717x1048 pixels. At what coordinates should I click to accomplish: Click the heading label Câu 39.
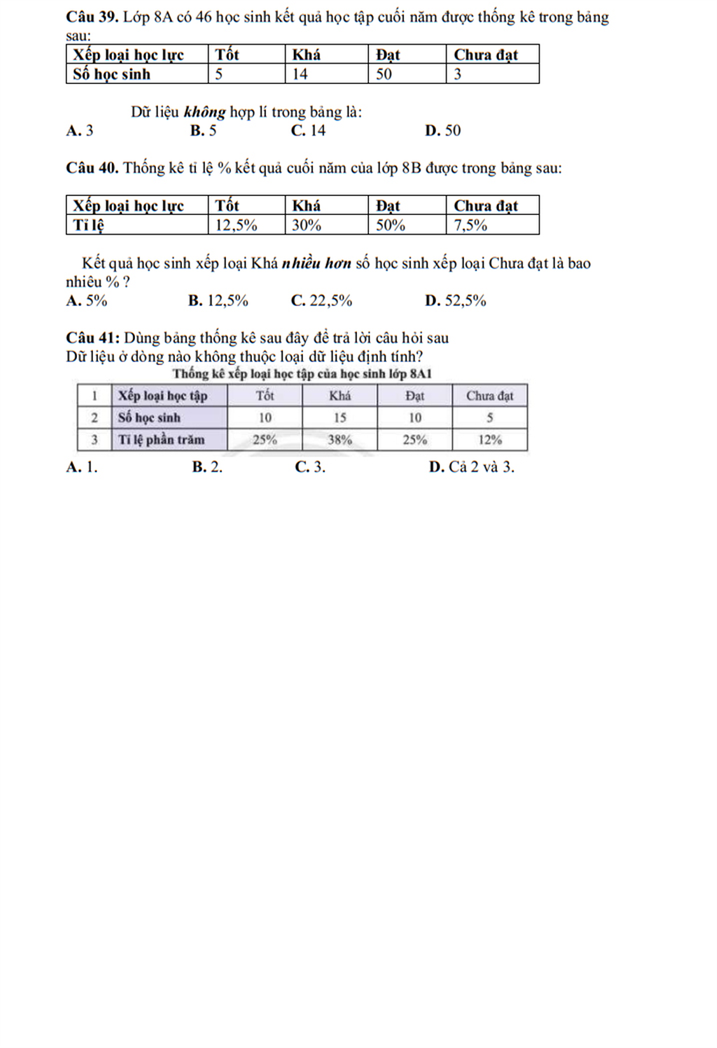[92, 18]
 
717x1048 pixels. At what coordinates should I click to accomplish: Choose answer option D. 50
[443, 130]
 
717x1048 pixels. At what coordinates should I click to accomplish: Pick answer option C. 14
[308, 130]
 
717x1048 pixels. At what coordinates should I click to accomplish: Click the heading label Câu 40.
[92, 168]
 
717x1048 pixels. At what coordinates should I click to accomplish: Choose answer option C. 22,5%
[321, 301]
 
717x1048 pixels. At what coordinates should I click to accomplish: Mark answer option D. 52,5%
[455, 301]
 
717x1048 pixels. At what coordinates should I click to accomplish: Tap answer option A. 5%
[87, 301]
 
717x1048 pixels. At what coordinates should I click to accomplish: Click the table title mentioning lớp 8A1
[302, 373]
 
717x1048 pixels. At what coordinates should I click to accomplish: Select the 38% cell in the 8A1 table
[340, 440]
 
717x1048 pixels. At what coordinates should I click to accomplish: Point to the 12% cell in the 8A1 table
[490, 440]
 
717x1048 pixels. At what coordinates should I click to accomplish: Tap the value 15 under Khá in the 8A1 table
[340, 418]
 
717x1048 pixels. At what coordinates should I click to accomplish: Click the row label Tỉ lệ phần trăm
[161, 440]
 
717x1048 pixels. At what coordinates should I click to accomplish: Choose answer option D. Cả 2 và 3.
[471, 467]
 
